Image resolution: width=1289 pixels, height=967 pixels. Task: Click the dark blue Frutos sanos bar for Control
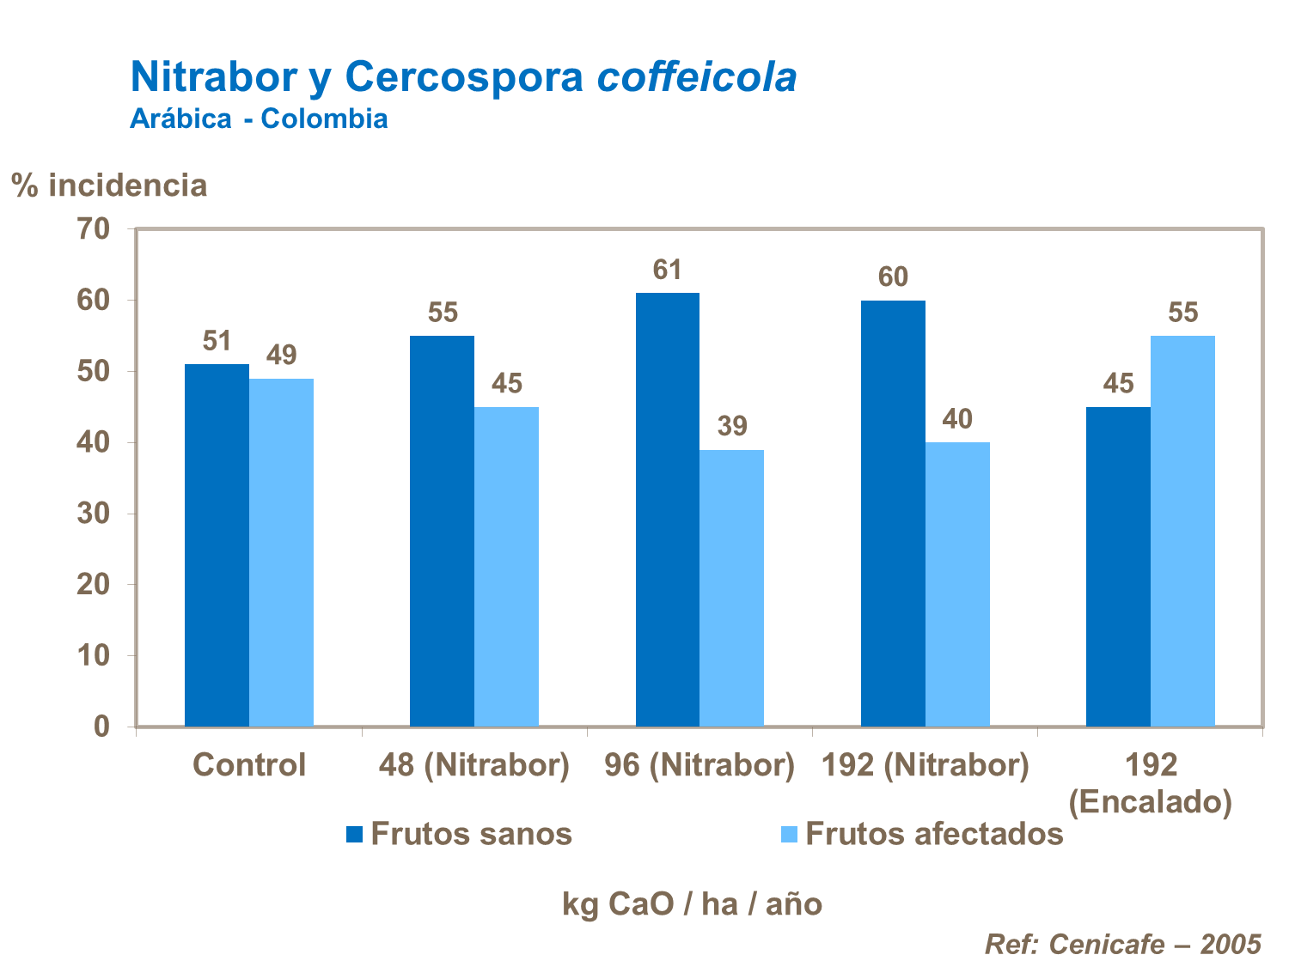tap(217, 545)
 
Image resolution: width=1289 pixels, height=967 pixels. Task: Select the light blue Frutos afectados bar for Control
tap(281, 552)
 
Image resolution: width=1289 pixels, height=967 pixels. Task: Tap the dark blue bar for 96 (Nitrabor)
tap(667, 509)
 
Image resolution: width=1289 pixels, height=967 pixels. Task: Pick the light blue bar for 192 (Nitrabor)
tap(957, 584)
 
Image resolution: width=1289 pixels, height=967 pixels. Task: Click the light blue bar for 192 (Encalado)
tap(1182, 531)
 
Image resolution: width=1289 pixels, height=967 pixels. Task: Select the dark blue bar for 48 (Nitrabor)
tap(442, 531)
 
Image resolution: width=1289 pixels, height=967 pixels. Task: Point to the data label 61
tap(667, 271)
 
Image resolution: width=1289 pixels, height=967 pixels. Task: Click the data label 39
tap(732, 426)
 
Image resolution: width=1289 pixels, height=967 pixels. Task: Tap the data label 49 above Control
tap(281, 355)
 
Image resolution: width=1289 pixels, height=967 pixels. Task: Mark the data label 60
tap(893, 277)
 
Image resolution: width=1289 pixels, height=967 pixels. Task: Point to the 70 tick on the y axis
tap(94, 229)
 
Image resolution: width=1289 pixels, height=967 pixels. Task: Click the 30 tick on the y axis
tap(94, 514)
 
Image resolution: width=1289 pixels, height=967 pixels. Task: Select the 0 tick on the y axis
tap(101, 727)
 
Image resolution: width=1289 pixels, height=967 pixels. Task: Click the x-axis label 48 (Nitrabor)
tap(474, 764)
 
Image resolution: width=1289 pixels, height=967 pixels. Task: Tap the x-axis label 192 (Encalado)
tap(1150, 782)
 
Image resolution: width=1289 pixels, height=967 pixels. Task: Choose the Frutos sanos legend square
tap(354, 834)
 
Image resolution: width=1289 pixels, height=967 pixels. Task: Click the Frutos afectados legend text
tap(934, 834)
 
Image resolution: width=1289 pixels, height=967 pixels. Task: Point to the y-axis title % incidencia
tap(109, 185)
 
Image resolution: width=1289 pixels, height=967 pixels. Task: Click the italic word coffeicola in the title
tap(697, 77)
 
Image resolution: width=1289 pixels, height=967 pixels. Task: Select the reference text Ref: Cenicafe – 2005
tap(1122, 944)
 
